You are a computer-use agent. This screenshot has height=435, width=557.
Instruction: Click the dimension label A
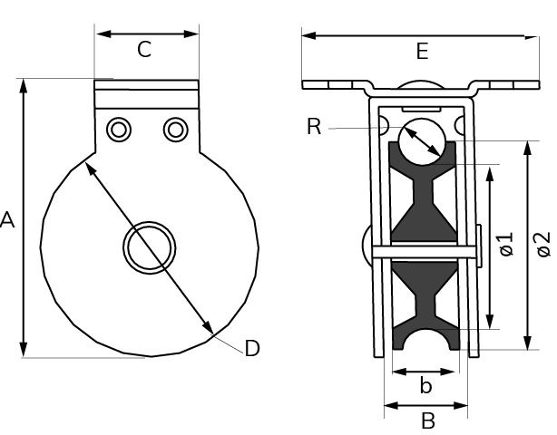pyautogui.click(x=8, y=219)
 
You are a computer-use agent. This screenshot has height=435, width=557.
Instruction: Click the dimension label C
pyautogui.click(x=144, y=51)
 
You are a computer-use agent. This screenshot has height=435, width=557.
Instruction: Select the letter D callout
pyautogui.click(x=252, y=348)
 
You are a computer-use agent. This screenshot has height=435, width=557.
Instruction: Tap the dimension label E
pyautogui.click(x=421, y=52)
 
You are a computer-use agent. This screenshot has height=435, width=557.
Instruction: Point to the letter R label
pyautogui.click(x=314, y=127)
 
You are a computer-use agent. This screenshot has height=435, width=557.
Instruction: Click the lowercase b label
pyautogui.click(x=425, y=387)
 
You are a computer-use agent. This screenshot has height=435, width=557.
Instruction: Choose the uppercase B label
pyautogui.click(x=428, y=420)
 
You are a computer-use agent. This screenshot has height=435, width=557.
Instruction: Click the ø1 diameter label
pyautogui.click(x=507, y=243)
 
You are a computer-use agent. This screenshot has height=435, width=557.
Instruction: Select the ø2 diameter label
pyautogui.click(x=542, y=243)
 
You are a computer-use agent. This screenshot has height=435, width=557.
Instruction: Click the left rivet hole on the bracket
pyautogui.click(x=118, y=130)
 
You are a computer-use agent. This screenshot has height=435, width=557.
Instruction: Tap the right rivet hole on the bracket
pyautogui.click(x=174, y=130)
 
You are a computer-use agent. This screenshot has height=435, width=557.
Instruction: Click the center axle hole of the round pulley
pyautogui.click(x=149, y=246)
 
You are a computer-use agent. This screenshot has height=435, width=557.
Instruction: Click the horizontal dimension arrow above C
pyautogui.click(x=147, y=34)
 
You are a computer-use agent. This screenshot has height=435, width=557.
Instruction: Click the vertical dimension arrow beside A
pyautogui.click(x=24, y=217)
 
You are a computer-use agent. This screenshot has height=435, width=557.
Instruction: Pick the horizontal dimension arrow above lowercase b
pyautogui.click(x=424, y=371)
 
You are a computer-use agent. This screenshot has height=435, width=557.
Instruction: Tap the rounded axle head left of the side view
pyautogui.click(x=366, y=244)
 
